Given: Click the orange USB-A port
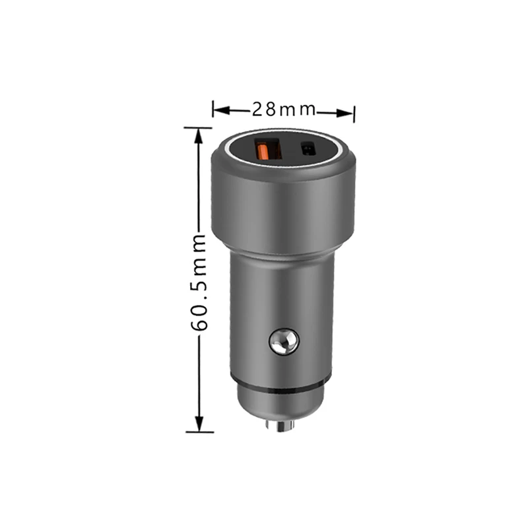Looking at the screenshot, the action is [269, 149].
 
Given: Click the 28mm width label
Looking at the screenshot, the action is [284, 110].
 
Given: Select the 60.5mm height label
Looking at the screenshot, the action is [199, 283].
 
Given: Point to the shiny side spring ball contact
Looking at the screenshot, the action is [284, 342].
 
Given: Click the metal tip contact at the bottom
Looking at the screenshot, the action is [280, 426].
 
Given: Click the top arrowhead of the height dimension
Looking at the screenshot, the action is [199, 137].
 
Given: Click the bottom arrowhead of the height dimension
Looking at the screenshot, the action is [199, 423].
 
